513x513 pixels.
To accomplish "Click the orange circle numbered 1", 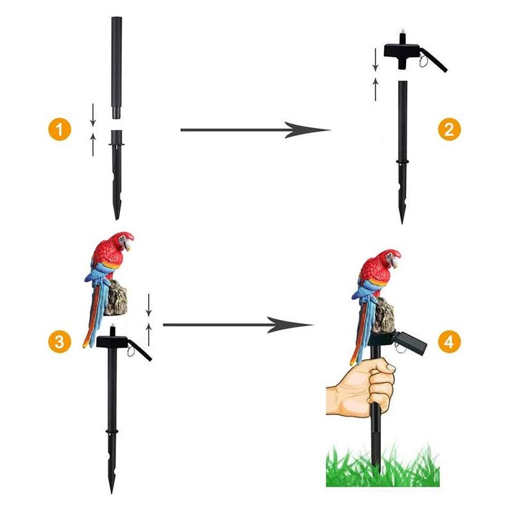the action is pos(60,130).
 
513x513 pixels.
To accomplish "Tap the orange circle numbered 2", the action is pos(450,130).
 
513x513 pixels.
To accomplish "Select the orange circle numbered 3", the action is pos(60,342).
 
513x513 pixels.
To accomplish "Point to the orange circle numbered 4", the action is pos(450,342).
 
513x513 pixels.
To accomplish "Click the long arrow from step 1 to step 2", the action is pos(255,130).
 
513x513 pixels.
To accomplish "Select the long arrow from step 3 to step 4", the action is pos(238,325).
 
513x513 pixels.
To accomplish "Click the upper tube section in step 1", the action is pos(117,67).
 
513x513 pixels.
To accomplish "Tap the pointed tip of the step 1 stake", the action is pos(117,219).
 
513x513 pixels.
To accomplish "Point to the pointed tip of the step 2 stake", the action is pos(402,223).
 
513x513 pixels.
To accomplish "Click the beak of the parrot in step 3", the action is pos(130,245).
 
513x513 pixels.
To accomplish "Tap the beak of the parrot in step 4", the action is pos(396,262).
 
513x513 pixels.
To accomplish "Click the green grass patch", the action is pos(383,466).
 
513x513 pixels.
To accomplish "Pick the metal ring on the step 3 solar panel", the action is pos(131,351).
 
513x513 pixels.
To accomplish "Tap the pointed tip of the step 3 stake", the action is pos(112,493).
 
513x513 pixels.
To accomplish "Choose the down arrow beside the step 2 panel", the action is pos(375,60).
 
